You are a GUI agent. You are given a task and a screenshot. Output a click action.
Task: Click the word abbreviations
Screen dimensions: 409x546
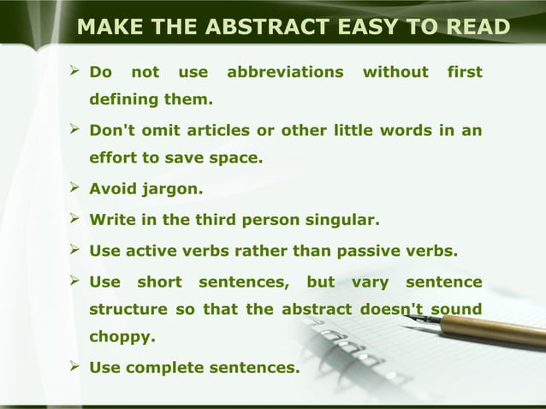point(285,73)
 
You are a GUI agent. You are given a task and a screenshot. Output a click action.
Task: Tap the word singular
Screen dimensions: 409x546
point(341,220)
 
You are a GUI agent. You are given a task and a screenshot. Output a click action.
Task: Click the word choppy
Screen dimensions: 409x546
point(123,337)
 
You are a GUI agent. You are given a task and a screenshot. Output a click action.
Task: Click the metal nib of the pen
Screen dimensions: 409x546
point(424,319)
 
